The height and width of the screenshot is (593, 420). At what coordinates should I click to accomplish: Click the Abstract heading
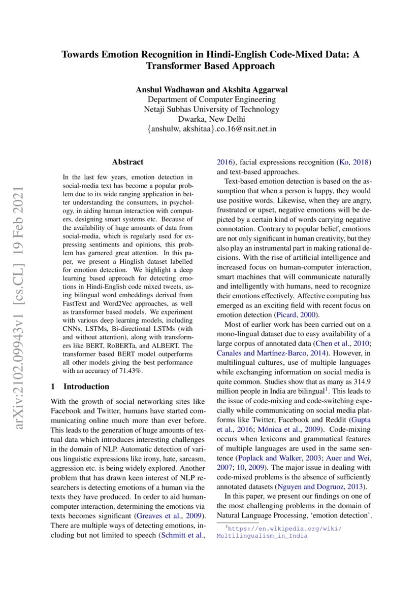(127, 162)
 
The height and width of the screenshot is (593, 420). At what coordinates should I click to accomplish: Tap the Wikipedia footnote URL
(279, 532)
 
